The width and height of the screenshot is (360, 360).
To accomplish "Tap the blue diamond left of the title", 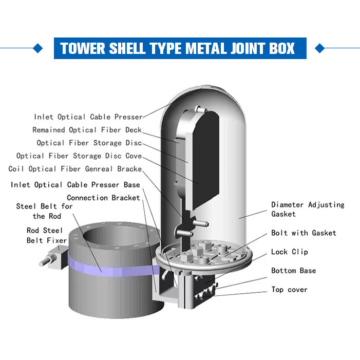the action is pos(37,49).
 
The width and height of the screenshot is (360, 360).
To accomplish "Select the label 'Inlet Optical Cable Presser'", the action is pos(88,117).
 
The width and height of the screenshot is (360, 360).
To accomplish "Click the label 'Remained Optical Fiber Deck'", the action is pos(87,130).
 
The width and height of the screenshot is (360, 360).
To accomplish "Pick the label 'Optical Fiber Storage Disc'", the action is pos(89,143).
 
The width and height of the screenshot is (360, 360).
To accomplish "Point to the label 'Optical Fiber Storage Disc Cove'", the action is pos(79,156).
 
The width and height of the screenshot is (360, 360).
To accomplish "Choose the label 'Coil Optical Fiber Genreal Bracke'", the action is pos(75,169).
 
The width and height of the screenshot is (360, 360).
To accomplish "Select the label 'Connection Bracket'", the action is pos(103,198).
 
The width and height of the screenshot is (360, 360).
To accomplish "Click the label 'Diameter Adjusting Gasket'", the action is pos(307,209).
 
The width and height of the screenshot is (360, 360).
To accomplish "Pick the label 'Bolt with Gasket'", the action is pos(304,233).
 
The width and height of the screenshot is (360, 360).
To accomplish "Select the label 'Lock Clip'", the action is pos(289,252).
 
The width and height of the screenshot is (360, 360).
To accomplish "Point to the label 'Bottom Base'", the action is pos(293,271).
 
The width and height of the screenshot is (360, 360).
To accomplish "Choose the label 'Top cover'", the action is pos(289,290).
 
